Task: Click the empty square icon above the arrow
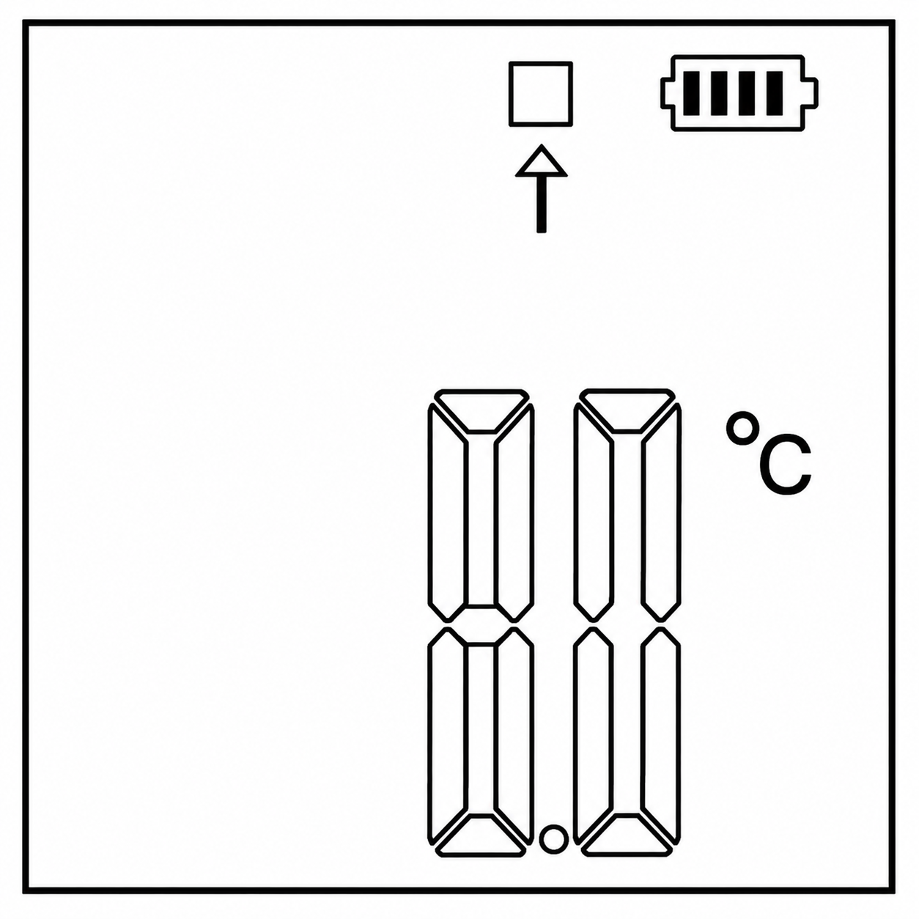click(540, 62)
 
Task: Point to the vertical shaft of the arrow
click(542, 204)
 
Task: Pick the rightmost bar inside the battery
click(775, 94)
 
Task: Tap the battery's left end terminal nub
click(665, 94)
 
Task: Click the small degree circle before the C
click(741, 427)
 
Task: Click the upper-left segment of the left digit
click(446, 513)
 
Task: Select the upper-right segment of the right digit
click(661, 513)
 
